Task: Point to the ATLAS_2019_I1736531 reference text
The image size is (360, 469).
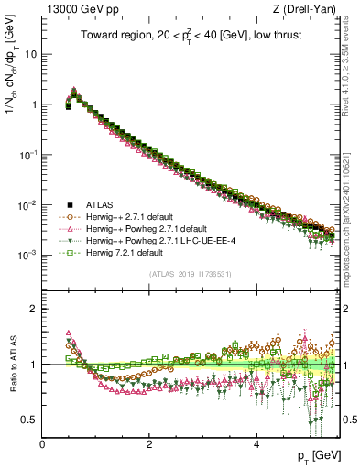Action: (x=190, y=274)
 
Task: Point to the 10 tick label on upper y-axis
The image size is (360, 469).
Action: (x=30, y=54)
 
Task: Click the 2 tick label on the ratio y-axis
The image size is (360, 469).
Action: (x=34, y=309)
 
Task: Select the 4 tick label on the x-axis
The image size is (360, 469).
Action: (x=256, y=442)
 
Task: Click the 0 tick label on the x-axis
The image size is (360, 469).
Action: (x=42, y=442)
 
